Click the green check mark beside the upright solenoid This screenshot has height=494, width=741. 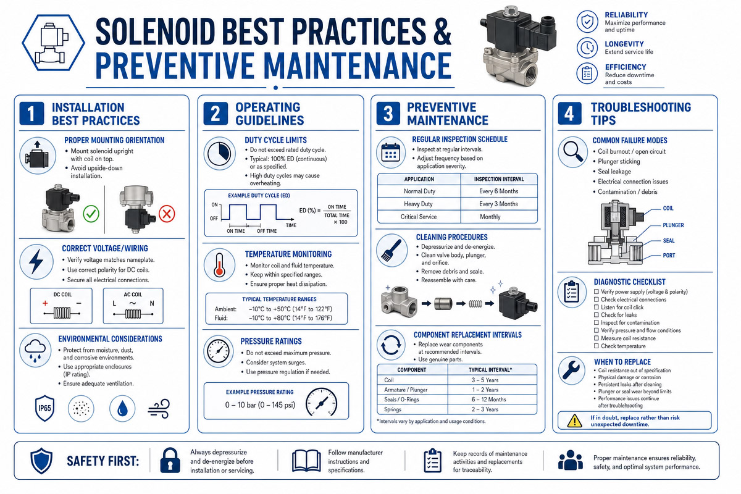tap(91, 214)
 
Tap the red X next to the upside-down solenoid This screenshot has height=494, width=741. tap(167, 214)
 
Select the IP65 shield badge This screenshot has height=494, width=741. tap(44, 408)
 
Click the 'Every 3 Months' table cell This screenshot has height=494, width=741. tap(498, 204)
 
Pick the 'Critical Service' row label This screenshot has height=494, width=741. tap(419, 217)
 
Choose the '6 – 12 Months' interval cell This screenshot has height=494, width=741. tap(488, 400)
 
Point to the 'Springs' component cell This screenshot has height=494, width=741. tap(393, 409)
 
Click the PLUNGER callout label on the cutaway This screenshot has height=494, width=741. tap(673, 225)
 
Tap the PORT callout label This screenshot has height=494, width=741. tap(669, 256)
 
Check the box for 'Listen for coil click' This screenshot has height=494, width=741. tap(596, 307)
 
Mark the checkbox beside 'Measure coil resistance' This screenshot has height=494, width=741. tap(596, 338)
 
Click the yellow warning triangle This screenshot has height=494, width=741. tap(575, 421)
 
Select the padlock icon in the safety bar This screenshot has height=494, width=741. tap(170, 460)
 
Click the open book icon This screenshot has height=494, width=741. tap(306, 460)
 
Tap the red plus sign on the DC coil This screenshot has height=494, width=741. tap(45, 303)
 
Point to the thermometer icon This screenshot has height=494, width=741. tap(219, 265)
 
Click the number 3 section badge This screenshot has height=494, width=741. tap(388, 114)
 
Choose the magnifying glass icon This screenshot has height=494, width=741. tap(573, 151)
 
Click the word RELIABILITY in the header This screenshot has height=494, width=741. tap(626, 15)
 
